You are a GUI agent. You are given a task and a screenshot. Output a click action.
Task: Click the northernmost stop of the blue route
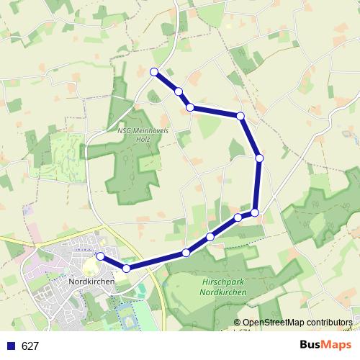(153, 71)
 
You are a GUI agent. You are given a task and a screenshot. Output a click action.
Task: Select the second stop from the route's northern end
(178, 91)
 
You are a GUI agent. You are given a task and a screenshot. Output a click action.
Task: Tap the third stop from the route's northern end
(190, 107)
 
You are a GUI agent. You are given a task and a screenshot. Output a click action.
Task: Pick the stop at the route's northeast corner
(240, 116)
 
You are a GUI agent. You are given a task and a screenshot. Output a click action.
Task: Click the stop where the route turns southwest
(255, 212)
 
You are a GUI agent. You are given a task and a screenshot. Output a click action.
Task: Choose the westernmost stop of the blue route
(100, 256)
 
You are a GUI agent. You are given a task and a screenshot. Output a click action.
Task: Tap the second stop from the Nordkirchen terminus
(126, 268)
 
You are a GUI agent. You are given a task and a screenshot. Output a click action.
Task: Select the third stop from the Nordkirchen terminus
(186, 252)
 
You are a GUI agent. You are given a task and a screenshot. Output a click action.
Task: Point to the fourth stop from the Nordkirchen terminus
(210, 237)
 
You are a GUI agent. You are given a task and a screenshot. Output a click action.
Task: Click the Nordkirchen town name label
(90, 282)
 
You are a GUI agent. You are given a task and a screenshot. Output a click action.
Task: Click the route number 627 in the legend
(30, 346)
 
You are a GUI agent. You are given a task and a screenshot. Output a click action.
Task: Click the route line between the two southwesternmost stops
(113, 262)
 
